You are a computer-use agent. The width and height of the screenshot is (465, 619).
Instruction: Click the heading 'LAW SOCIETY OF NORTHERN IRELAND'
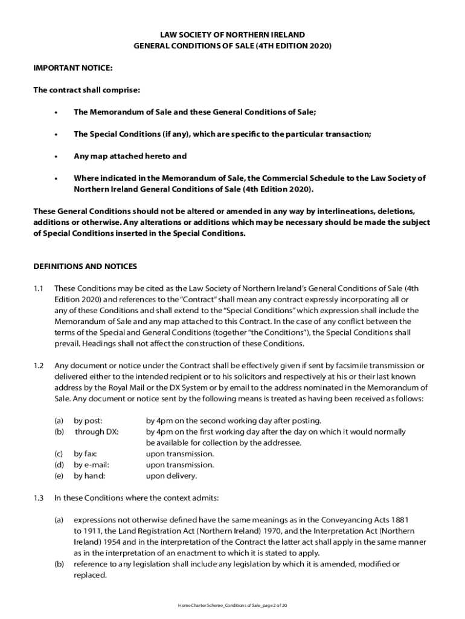(232, 34)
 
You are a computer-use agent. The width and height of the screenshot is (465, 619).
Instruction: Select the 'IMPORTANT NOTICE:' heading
(72, 68)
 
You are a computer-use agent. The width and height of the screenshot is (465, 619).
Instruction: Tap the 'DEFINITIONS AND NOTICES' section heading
(85, 266)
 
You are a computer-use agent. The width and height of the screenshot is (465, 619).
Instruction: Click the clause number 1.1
(39, 288)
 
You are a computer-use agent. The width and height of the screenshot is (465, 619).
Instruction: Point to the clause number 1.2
(39, 366)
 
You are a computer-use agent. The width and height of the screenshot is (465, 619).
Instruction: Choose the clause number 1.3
(39, 498)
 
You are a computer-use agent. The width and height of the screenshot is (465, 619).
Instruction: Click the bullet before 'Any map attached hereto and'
(56, 157)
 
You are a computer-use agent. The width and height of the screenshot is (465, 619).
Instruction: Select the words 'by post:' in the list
(88, 421)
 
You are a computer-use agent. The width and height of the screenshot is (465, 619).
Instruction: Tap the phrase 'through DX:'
(97, 432)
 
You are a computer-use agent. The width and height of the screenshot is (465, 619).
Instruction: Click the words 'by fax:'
(86, 454)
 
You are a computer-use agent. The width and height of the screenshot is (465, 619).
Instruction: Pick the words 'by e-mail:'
(92, 465)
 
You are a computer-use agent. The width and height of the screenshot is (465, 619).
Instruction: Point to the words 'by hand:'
(89, 476)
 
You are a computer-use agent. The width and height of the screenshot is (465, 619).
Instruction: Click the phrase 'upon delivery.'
(172, 476)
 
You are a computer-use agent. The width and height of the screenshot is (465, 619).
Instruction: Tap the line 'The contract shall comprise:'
(86, 90)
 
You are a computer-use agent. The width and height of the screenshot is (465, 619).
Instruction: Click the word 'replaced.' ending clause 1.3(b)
(90, 575)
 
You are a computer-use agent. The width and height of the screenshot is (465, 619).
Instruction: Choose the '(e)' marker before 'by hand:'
(59, 476)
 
